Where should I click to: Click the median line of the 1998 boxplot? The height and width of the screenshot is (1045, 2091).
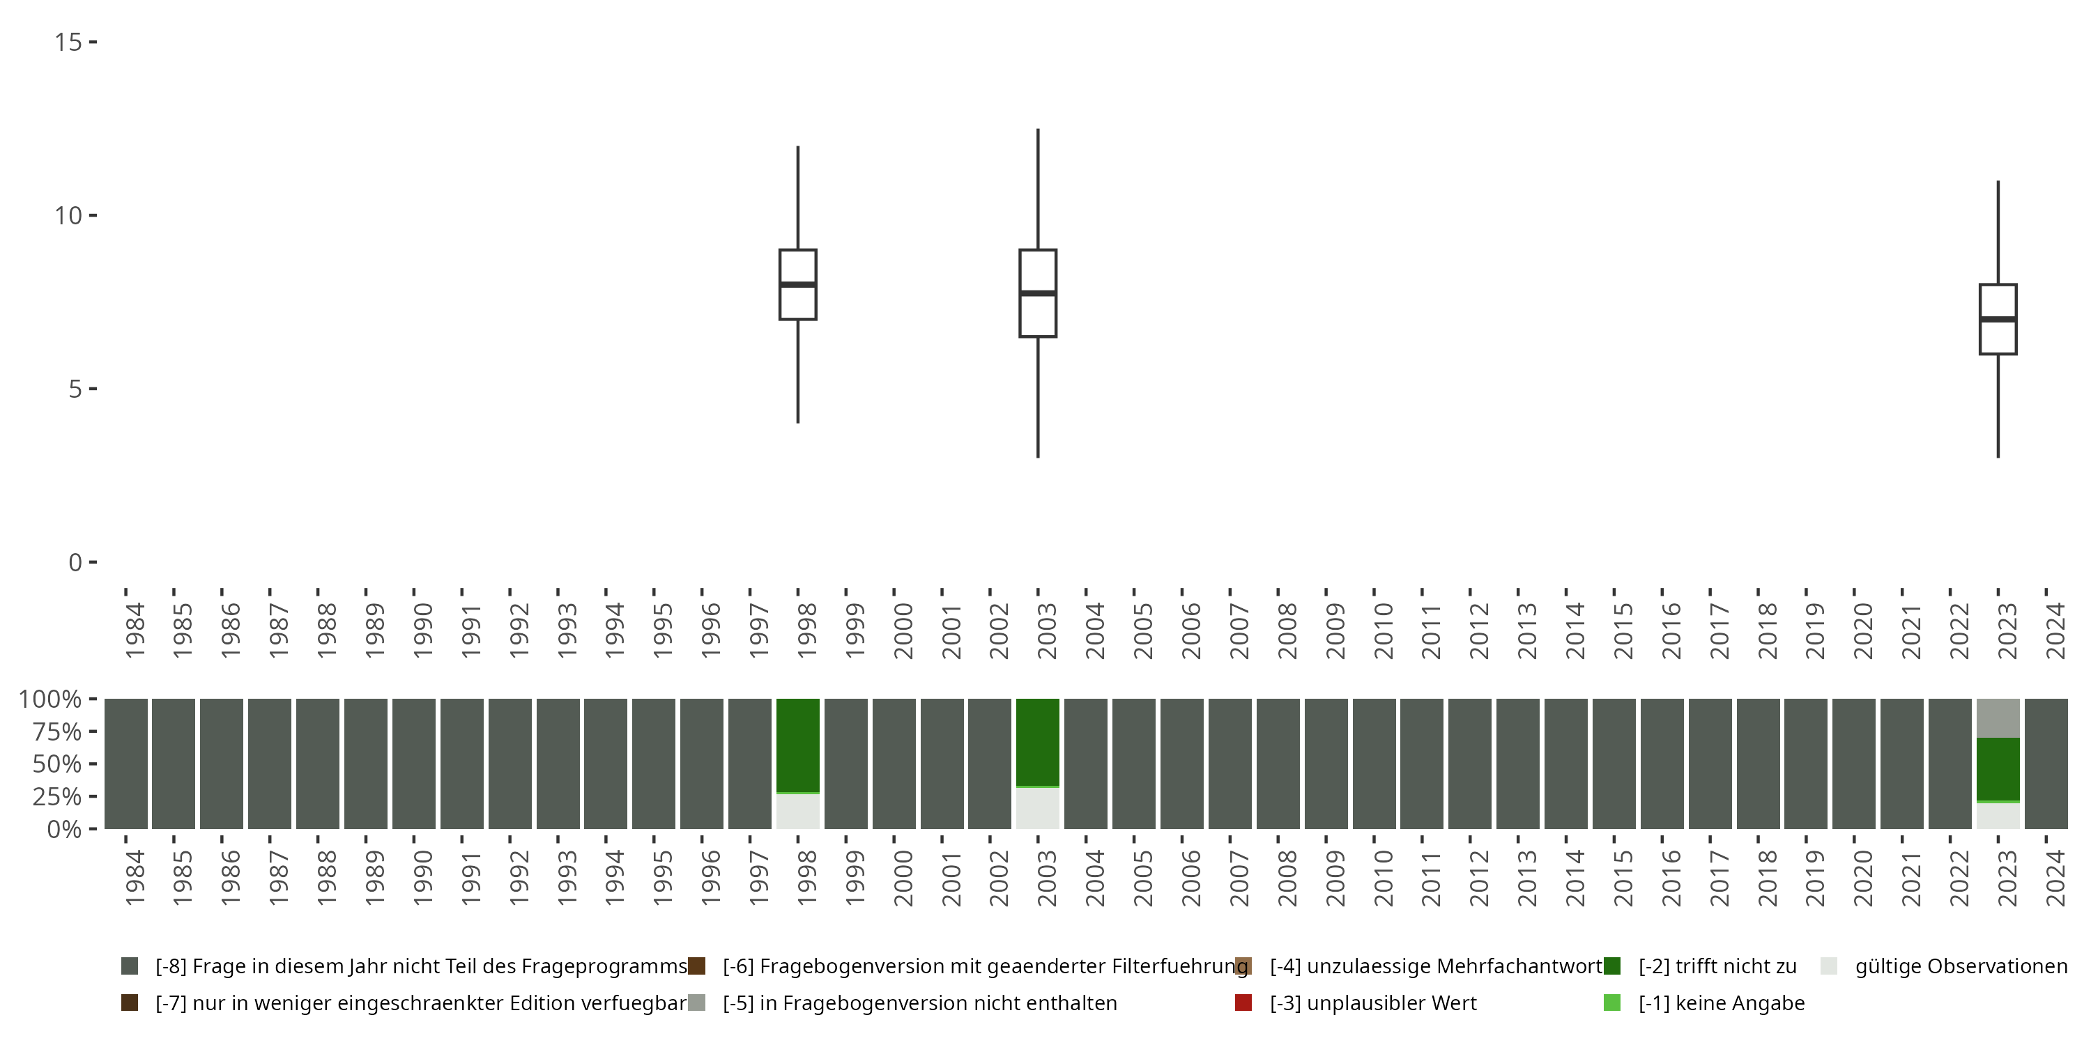tap(798, 285)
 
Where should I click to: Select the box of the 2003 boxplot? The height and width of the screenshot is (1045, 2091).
tap(1037, 316)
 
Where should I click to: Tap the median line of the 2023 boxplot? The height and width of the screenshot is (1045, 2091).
tap(1998, 320)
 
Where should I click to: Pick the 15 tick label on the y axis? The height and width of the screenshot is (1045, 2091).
tap(68, 41)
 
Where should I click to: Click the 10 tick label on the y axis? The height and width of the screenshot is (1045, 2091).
tap(68, 216)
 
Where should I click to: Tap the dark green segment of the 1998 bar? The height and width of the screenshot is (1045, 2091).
tap(798, 745)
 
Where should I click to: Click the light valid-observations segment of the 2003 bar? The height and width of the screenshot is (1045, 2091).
tap(1037, 808)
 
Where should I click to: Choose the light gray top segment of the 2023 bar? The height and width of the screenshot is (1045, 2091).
tap(1998, 718)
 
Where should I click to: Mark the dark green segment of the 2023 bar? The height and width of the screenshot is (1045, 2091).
tap(1998, 768)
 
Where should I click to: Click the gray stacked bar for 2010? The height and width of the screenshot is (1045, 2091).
tap(1373, 764)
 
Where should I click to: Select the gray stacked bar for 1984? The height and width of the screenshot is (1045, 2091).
tap(126, 764)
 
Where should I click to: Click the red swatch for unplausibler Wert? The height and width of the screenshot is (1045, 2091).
tap(1243, 1003)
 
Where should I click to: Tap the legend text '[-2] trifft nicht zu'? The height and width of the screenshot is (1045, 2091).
tap(1717, 966)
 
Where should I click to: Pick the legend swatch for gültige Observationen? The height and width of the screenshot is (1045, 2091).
tap(1829, 966)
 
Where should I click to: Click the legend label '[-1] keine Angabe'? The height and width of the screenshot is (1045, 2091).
tap(1721, 1003)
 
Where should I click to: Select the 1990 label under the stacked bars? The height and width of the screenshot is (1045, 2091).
tap(422, 878)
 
